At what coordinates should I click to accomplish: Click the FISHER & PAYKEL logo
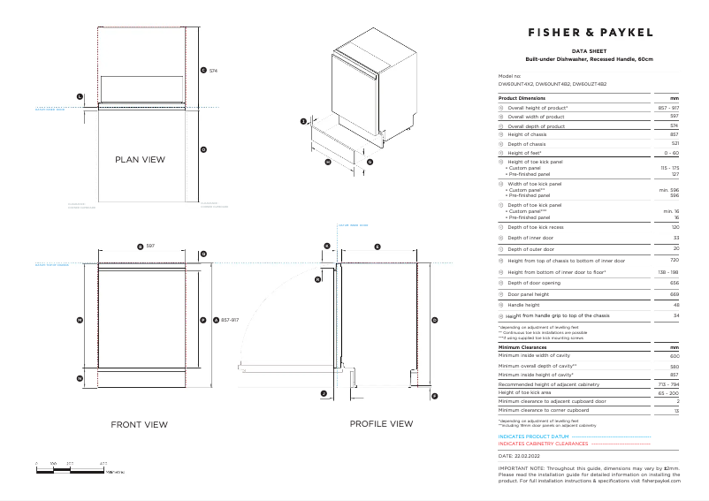[590, 32]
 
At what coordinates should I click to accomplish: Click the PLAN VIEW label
[140, 160]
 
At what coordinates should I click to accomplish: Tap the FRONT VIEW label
[139, 425]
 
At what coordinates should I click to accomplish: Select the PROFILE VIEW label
[381, 424]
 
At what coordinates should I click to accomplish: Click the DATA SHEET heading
[589, 52]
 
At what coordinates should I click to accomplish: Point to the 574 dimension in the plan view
[213, 70]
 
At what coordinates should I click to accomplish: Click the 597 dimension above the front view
[150, 245]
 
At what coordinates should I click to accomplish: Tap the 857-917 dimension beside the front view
[230, 320]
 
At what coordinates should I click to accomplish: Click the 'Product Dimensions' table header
[522, 98]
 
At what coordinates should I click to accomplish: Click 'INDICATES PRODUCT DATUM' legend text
[533, 436]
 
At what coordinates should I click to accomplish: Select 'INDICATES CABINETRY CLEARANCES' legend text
[543, 444]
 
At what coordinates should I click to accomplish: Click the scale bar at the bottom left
[71, 468]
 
